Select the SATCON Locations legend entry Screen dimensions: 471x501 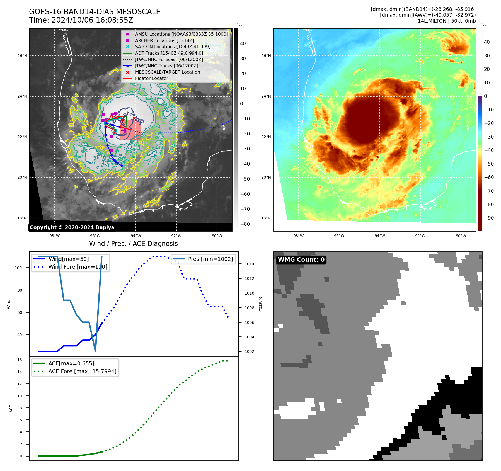[173, 47]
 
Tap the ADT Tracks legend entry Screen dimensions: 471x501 [169, 53]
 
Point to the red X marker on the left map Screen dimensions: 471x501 [134, 118]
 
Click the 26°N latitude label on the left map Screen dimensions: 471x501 [22, 56]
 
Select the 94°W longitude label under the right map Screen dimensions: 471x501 [379, 236]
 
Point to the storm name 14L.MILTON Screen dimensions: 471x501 [432, 21]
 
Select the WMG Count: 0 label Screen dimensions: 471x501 [301, 260]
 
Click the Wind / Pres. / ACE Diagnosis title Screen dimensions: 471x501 [133, 244]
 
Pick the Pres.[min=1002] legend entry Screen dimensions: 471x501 [210, 259]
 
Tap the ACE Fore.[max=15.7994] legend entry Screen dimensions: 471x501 [82, 371]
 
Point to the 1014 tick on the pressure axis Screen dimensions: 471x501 [249, 264]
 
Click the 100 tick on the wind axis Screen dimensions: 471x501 [18, 268]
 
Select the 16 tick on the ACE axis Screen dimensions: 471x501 [20, 360]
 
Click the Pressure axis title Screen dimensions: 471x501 [260, 304]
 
